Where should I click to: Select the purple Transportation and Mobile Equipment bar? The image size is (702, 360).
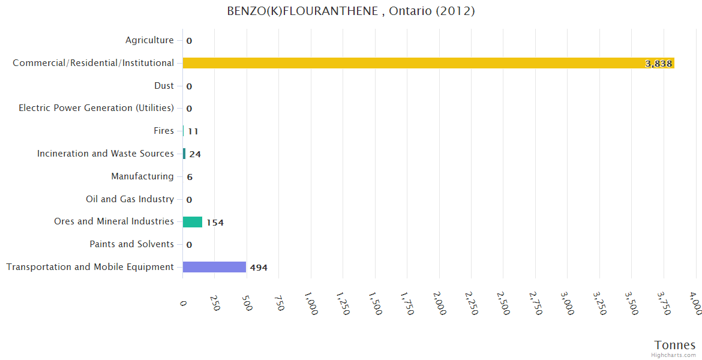tap(214, 267)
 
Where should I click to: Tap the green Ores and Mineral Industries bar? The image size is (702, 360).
tap(192, 222)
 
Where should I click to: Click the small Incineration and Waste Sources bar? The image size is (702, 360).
tap(184, 154)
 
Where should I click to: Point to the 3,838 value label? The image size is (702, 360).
tap(658, 64)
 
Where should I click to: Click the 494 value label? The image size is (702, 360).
tap(259, 268)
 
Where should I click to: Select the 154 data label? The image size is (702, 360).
tap(215, 223)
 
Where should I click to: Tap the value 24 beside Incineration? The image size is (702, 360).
tap(195, 154)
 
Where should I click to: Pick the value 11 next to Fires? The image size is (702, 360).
tap(193, 131)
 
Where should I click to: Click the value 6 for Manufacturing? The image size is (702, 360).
tap(190, 177)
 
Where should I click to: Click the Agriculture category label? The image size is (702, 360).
tap(149, 40)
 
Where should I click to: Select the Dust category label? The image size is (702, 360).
tap(164, 86)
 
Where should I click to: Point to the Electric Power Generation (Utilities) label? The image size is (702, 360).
tap(96, 108)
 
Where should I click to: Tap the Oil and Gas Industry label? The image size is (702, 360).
tap(130, 199)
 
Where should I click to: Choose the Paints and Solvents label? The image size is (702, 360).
tap(131, 244)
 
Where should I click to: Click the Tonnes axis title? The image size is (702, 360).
tap(674, 345)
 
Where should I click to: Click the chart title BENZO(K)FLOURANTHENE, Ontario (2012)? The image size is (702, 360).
tap(351, 11)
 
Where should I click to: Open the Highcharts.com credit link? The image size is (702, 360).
tap(673, 355)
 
